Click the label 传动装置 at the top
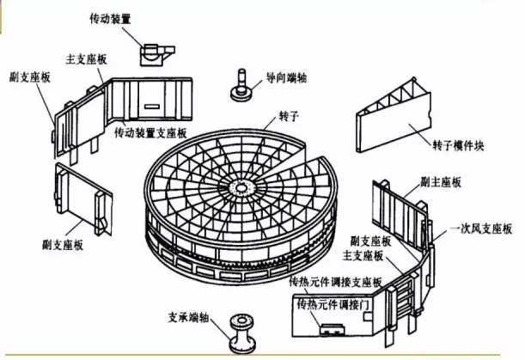click(x=112, y=16)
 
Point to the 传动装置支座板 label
click(x=154, y=134)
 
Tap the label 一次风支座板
click(x=484, y=230)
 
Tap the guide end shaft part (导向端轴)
click(x=240, y=83)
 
